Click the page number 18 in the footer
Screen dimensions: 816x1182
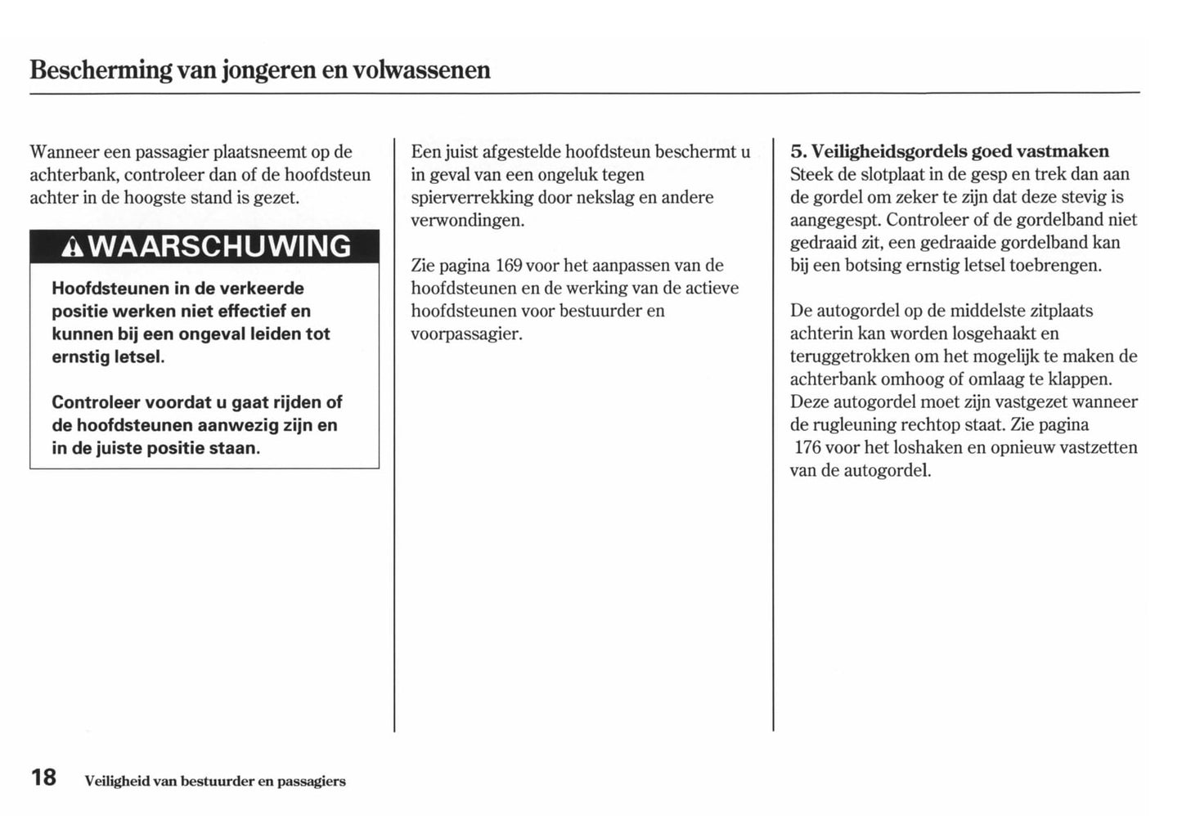coord(43,778)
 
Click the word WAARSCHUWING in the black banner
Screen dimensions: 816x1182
coord(219,247)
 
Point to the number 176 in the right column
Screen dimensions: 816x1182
coord(807,447)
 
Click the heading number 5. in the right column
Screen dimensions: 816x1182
coord(798,151)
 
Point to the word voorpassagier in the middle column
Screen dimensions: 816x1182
coord(465,334)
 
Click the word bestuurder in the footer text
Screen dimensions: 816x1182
coord(217,782)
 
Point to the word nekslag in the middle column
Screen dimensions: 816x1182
coord(604,197)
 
